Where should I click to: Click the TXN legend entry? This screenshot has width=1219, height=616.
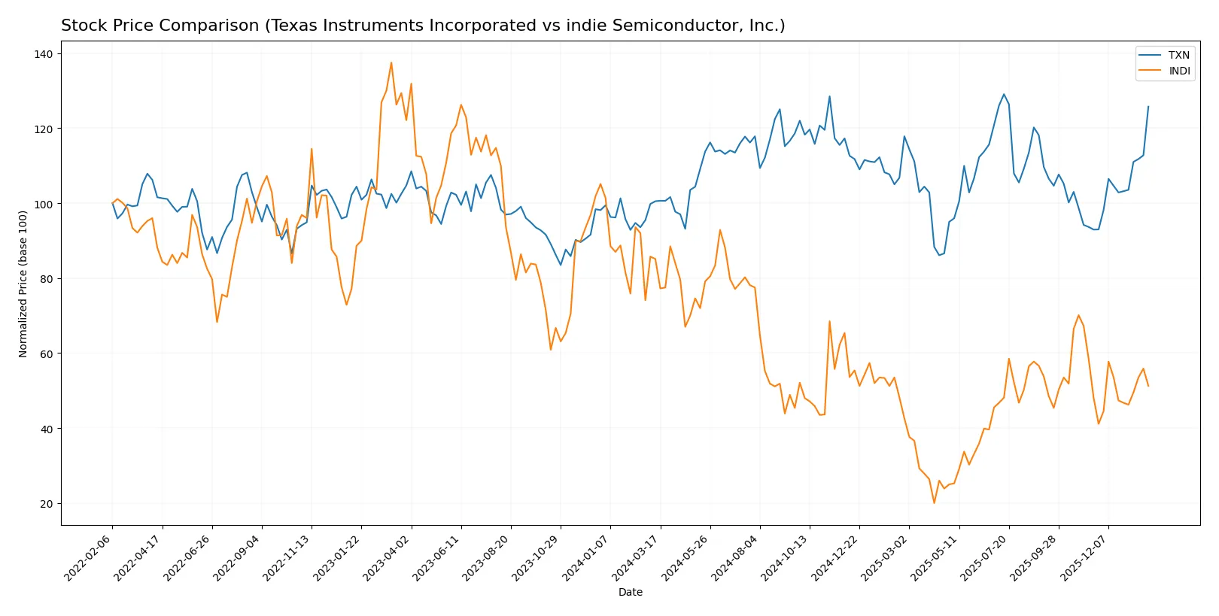pyautogui.click(x=1178, y=55)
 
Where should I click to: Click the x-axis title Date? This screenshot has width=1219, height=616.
pyautogui.click(x=630, y=592)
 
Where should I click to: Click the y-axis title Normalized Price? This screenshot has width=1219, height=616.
pyautogui.click(x=23, y=284)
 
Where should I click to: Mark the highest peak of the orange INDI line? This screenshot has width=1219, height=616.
pyautogui.click(x=391, y=62)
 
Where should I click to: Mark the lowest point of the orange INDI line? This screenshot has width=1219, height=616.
pyautogui.click(x=934, y=502)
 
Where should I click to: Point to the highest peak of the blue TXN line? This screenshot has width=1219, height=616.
pyautogui.click(x=1004, y=94)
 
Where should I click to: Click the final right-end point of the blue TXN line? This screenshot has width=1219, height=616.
pyautogui.click(x=1148, y=107)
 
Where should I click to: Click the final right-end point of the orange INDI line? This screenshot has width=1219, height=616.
pyautogui.click(x=1148, y=386)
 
